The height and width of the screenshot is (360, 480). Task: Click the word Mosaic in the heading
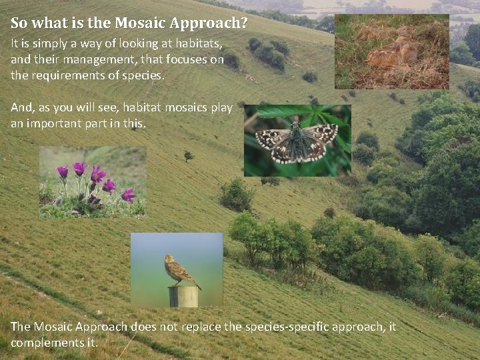140,24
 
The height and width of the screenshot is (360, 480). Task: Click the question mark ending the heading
244,24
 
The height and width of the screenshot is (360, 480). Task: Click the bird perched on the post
178,271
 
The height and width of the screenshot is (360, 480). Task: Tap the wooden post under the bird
183,297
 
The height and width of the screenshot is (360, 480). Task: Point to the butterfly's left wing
274,141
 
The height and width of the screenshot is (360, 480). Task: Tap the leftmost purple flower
63,172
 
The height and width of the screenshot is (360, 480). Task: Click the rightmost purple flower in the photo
129,195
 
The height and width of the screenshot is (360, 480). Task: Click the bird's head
169,259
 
